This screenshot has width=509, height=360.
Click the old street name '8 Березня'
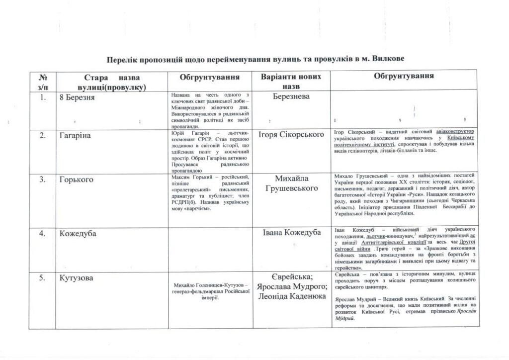pos(77,97)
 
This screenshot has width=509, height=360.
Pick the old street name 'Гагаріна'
pos(75,135)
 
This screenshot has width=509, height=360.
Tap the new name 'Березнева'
pos(291,96)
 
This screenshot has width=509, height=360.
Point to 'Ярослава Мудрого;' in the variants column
pos(291,287)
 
